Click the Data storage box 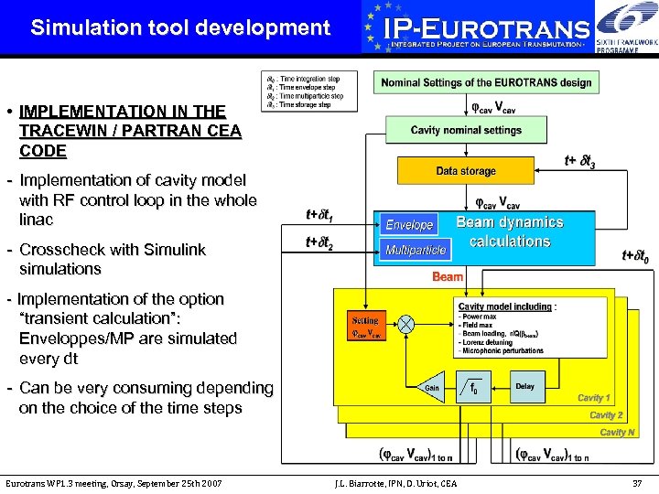coord(466,171)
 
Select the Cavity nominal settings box coord(466,130)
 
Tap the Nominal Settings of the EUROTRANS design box coord(486,82)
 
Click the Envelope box coord(409,225)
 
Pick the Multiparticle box coord(416,249)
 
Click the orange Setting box coord(366,328)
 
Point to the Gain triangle coord(431,387)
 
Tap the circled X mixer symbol coord(405,324)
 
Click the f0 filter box coord(474,387)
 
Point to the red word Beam coord(448,276)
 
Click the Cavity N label coord(617,432)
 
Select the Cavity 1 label coord(593,398)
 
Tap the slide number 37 coord(638,483)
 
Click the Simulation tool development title coord(180,27)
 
